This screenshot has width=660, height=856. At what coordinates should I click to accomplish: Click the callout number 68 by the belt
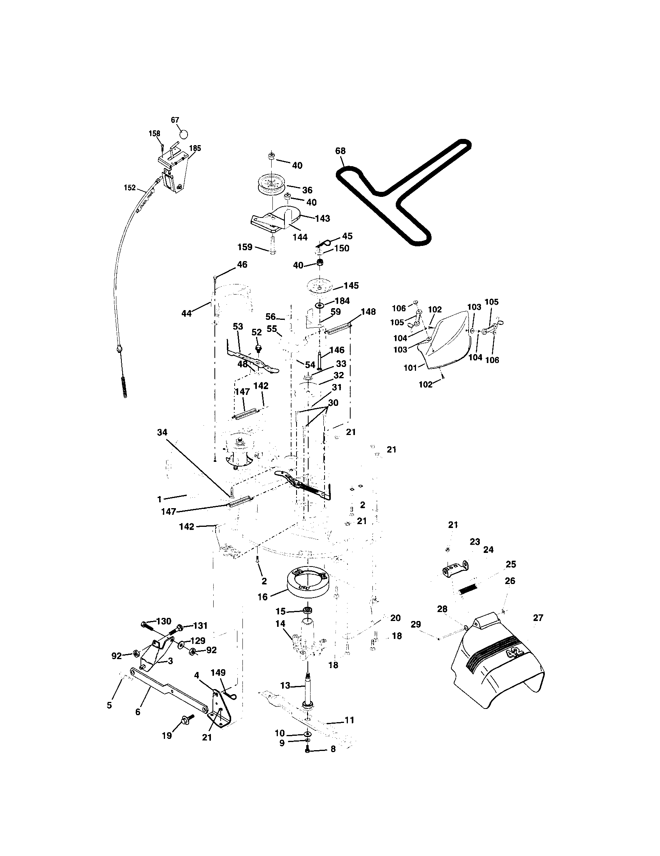pos(341,151)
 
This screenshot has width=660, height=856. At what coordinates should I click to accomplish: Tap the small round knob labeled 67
pos(183,134)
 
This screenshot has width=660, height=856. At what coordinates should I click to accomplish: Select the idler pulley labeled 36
pos(271,184)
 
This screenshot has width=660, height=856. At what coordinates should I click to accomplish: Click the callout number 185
pos(195,148)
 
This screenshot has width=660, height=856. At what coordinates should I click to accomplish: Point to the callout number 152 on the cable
pos(130,188)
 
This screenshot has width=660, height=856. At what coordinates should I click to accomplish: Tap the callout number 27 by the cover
pos(538,618)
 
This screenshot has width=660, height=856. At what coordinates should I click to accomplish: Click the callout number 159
pos(245,247)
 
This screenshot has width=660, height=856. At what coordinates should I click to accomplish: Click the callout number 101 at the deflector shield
pos(410,368)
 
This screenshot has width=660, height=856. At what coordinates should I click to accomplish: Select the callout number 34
pos(162,432)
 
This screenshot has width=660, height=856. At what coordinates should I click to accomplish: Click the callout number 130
pos(164,621)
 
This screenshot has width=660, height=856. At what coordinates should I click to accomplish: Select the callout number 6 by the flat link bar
pos(138,712)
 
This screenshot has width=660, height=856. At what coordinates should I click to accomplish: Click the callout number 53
pos(238,326)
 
